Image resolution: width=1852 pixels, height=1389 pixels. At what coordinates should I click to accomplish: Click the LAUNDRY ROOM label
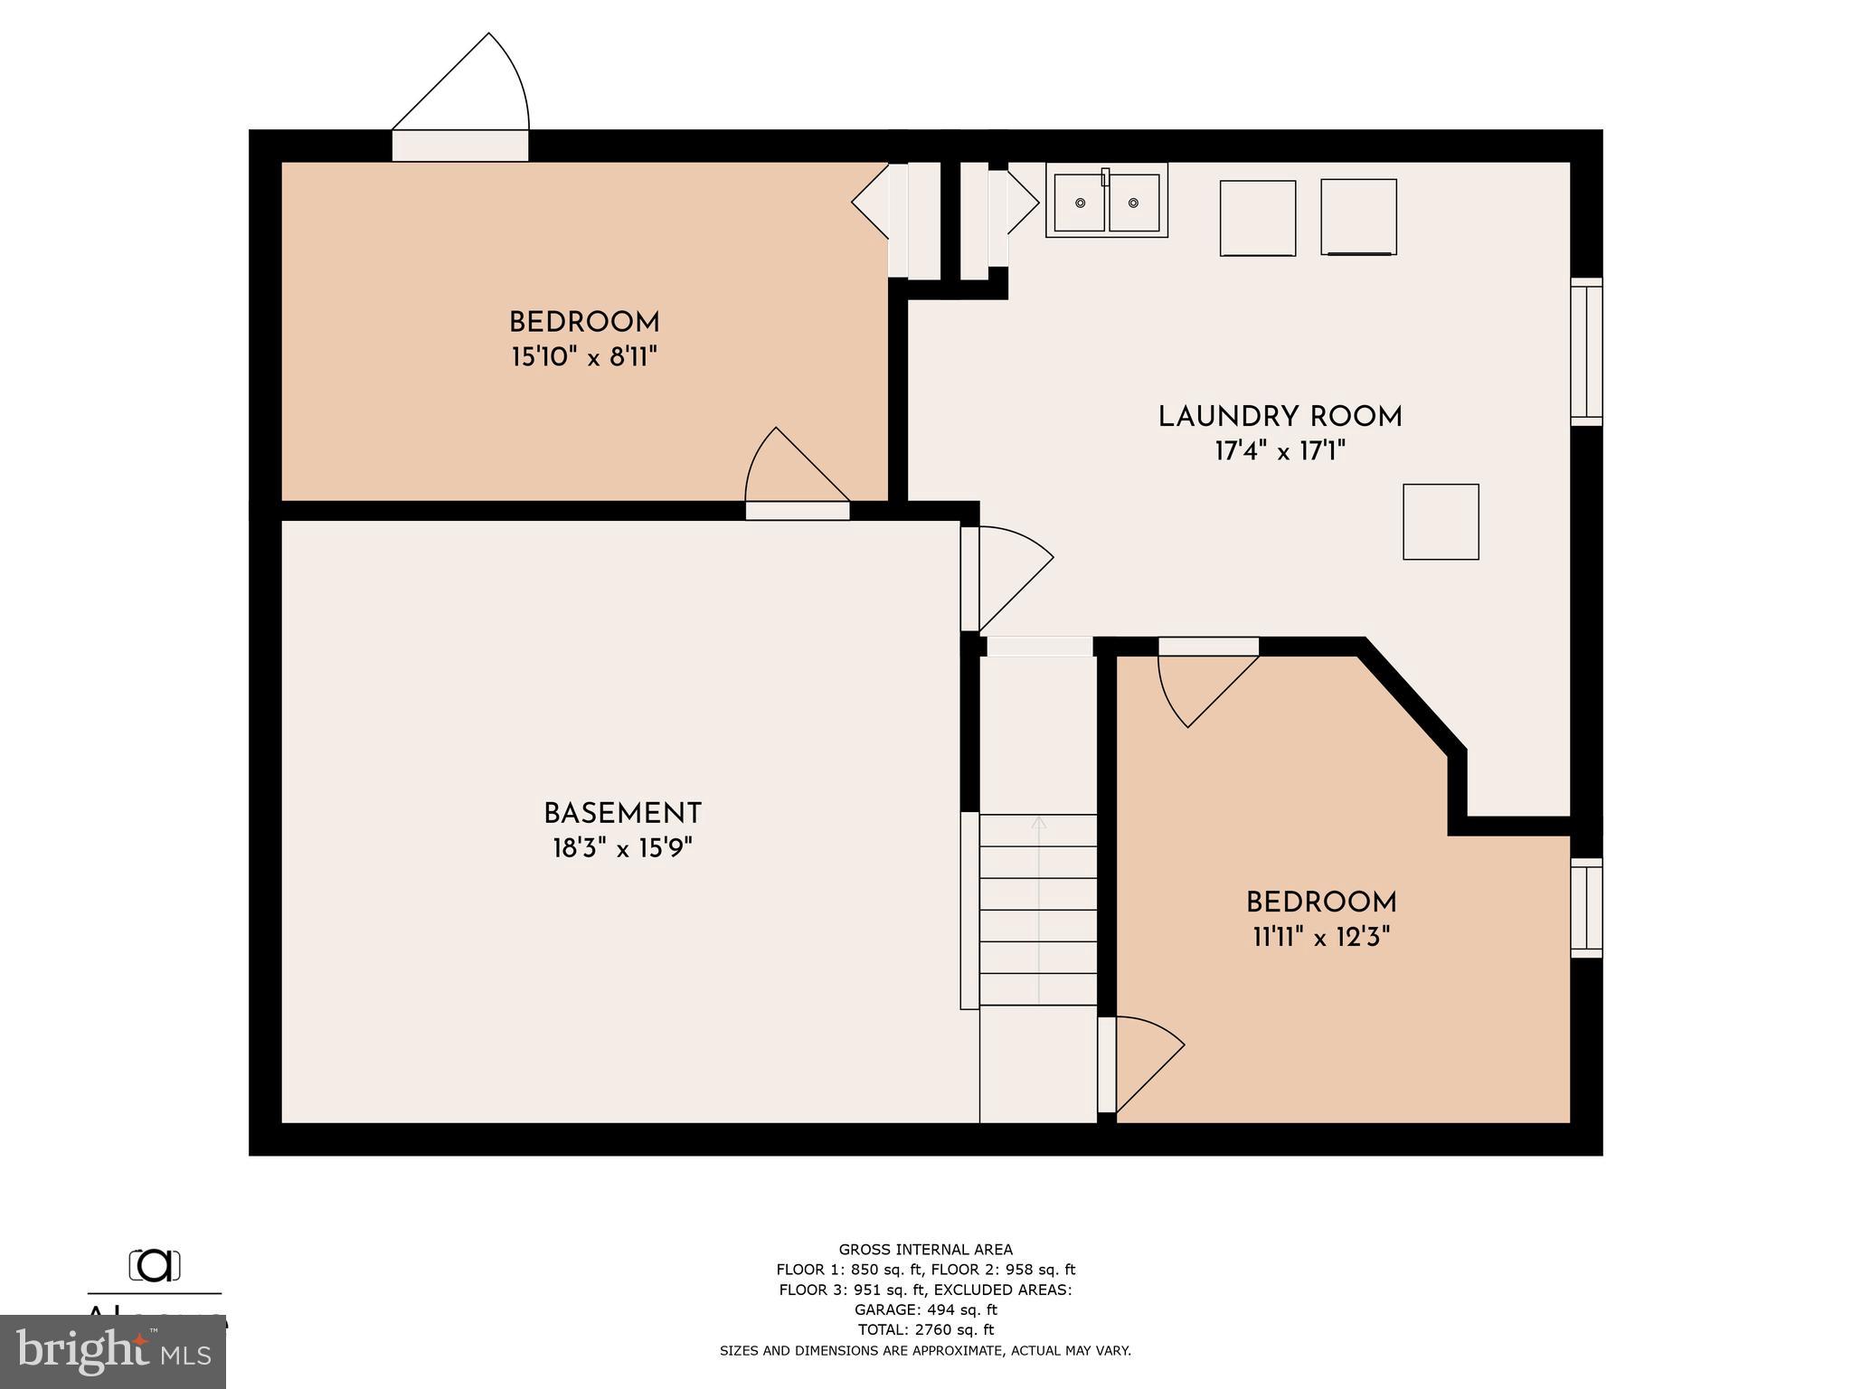click(1280, 417)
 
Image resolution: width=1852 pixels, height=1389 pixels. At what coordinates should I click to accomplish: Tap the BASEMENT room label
click(622, 814)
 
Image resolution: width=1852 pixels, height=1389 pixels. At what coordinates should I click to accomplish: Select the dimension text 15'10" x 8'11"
click(584, 357)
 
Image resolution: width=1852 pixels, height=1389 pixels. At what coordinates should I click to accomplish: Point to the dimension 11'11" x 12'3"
click(1320, 937)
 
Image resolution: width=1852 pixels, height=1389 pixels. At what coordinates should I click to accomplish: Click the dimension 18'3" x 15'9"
click(622, 848)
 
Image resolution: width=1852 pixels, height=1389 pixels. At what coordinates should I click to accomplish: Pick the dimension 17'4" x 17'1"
click(1280, 451)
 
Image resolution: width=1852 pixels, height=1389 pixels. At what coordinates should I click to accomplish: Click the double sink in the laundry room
click(1106, 201)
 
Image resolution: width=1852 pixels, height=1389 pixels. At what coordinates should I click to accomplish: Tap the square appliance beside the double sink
click(1257, 218)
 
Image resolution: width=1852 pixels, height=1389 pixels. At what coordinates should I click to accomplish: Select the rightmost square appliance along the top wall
click(1358, 217)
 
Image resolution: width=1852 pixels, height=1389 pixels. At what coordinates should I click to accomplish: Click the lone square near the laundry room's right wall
click(1441, 522)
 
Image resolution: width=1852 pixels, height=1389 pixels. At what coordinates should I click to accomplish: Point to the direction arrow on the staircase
click(1039, 825)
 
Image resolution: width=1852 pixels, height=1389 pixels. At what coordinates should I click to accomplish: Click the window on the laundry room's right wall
click(1586, 352)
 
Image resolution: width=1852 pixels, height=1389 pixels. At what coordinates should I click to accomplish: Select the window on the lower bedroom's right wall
click(1586, 908)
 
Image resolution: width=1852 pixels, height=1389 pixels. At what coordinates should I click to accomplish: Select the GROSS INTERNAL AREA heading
click(925, 1250)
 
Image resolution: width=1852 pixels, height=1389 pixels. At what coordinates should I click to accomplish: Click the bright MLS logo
click(113, 1351)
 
